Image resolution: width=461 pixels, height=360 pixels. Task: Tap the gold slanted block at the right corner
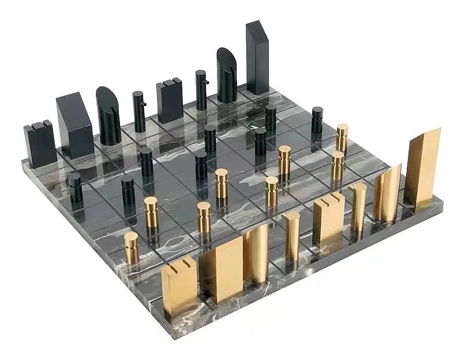422,167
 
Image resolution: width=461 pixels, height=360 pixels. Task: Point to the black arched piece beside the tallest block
226,75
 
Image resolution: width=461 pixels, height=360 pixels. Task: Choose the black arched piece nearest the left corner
108,115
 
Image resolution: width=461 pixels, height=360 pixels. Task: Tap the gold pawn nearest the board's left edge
132,247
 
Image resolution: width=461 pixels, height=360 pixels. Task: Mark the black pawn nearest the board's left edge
75,187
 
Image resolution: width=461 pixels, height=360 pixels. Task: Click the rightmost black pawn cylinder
317,119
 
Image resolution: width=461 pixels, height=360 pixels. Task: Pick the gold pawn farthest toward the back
342,138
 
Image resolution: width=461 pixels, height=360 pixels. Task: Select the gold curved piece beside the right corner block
387,193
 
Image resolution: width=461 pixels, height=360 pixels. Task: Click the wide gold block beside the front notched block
222,268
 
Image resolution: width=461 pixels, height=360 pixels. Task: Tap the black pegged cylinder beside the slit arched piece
201,89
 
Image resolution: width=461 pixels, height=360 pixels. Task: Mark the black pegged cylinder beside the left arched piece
139,111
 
